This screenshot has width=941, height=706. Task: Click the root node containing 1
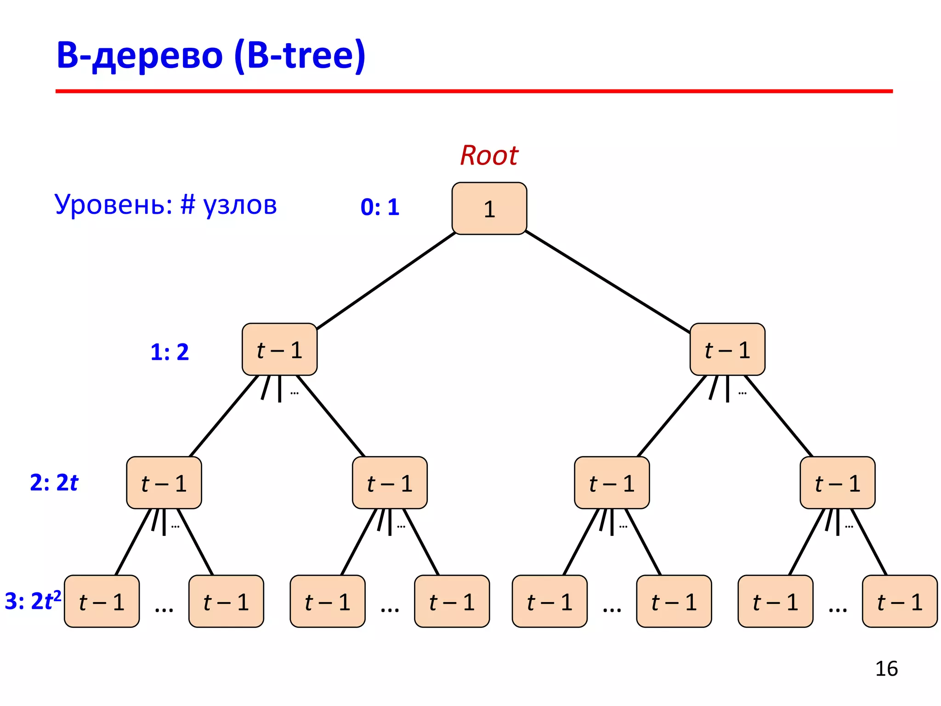click(489, 209)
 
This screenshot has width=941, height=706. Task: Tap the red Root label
click(489, 155)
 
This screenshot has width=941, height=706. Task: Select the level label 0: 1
click(380, 207)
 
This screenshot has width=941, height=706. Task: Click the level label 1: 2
click(170, 352)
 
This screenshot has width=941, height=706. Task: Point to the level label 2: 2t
click(54, 483)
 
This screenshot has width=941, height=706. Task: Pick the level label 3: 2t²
click(32, 601)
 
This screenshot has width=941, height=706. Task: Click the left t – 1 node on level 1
click(279, 350)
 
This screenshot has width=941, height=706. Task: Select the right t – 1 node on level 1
click(727, 350)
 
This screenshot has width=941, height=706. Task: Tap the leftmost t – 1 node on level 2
click(164, 483)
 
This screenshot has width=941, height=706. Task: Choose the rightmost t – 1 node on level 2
click(837, 483)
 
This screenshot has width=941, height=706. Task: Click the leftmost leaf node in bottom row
click(102, 602)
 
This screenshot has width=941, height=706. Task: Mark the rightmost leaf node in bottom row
click(900, 602)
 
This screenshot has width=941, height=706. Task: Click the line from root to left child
click(386, 280)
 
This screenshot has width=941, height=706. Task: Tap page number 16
click(886, 669)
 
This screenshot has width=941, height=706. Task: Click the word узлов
click(240, 205)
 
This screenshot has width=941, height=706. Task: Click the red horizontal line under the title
click(473, 91)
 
